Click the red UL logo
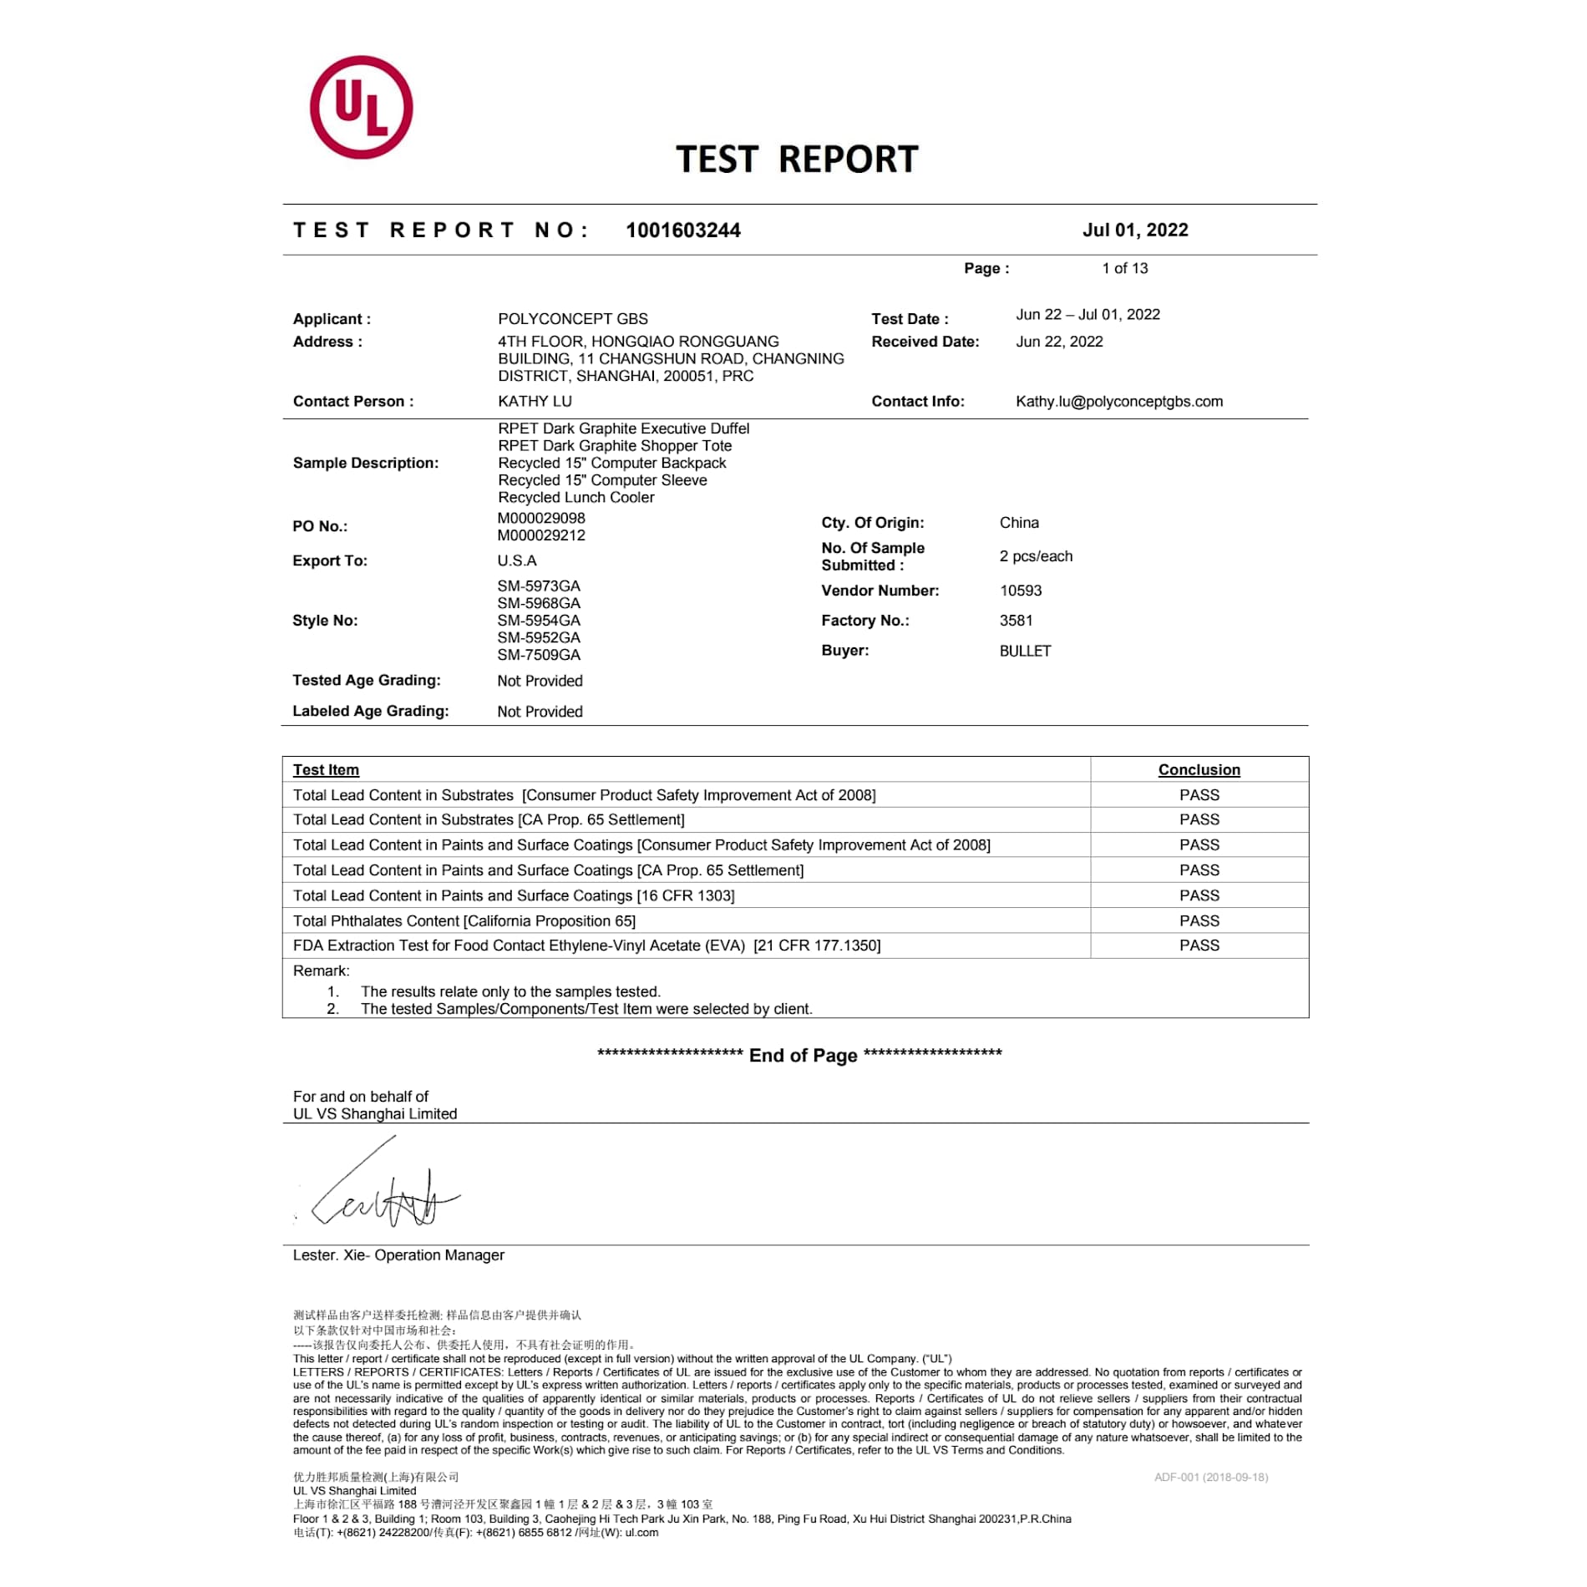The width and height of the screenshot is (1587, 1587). [361, 108]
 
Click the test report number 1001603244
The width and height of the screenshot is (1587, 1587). [682, 231]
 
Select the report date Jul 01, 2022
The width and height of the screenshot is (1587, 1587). [1134, 230]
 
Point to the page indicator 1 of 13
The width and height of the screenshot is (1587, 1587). [1124, 268]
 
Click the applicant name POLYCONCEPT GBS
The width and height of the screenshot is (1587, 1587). [572, 319]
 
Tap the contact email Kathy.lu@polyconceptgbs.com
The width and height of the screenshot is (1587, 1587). [1118, 402]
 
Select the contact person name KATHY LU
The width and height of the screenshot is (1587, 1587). [535, 402]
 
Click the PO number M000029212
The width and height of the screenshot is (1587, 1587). [541, 535]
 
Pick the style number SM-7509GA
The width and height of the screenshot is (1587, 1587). [539, 655]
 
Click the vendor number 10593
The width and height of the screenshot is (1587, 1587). [1020, 591]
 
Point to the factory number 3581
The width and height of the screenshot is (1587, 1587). [1016, 621]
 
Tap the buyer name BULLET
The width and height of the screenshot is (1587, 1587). [1025, 651]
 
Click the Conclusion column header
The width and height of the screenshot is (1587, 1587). [1199, 770]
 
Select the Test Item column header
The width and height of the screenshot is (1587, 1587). [326, 770]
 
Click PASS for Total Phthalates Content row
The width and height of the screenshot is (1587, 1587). [1199, 920]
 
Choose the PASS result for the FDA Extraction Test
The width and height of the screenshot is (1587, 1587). [1199, 946]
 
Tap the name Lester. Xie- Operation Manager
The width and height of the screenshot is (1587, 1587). [398, 1255]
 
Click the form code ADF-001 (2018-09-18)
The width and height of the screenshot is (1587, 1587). [1210, 1477]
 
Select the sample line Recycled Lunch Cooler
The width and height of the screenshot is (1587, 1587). [575, 497]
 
